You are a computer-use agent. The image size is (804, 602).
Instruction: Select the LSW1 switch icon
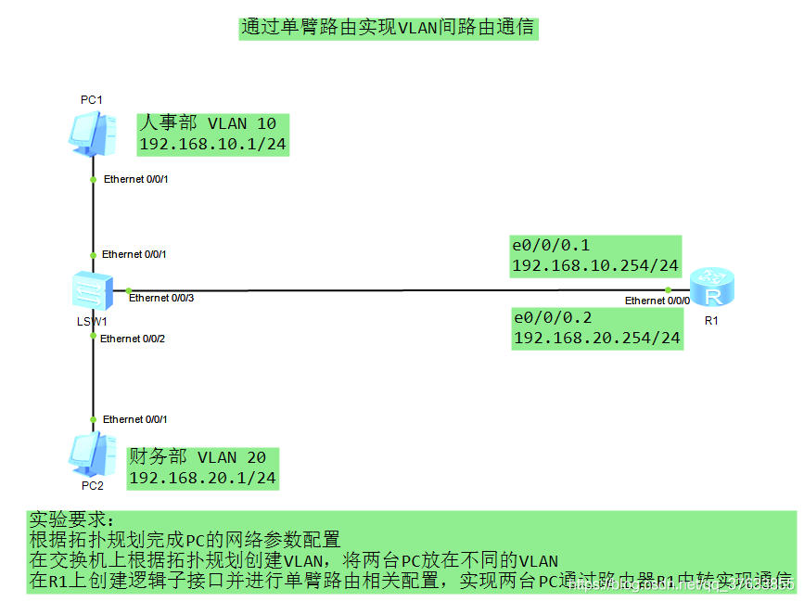coord(94,291)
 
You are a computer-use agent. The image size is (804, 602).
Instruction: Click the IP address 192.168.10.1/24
coord(212,145)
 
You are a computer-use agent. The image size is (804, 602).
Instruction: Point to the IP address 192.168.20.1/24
coord(202,478)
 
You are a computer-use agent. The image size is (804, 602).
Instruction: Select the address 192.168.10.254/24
coord(595,266)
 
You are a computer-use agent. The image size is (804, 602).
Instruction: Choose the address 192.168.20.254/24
coord(597,338)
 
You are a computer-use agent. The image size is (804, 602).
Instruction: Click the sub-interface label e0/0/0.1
coord(552,246)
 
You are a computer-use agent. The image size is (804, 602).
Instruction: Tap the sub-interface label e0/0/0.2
coord(553,317)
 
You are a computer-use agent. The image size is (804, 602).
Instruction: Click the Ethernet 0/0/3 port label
coord(161,298)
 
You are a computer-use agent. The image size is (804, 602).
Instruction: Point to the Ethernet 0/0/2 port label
coord(133,339)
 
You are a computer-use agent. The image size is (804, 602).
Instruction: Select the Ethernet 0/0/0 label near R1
coord(657,301)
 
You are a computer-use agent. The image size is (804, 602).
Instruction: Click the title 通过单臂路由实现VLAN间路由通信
coord(388,28)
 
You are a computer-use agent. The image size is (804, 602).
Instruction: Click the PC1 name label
coord(91,99)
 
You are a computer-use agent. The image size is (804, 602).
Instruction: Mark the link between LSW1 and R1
coord(399,289)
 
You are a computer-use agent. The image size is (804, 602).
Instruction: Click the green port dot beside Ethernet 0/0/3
coord(129,289)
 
